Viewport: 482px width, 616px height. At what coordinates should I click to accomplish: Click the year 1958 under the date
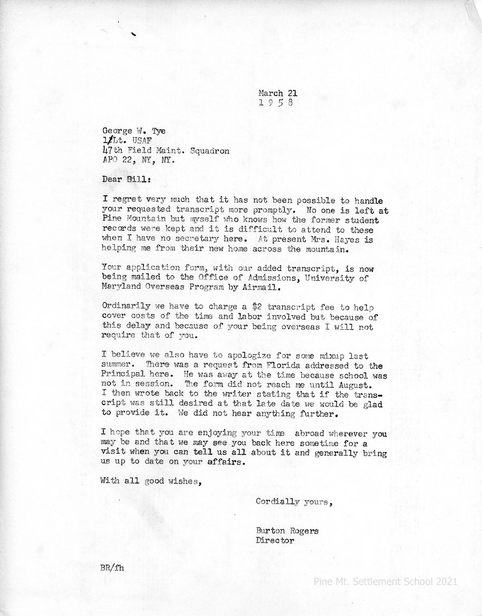(x=276, y=103)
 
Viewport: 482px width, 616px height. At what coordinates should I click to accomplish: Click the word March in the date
(x=271, y=93)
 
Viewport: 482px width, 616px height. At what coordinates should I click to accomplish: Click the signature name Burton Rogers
(x=287, y=531)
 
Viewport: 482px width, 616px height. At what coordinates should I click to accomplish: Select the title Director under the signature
(x=275, y=540)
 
